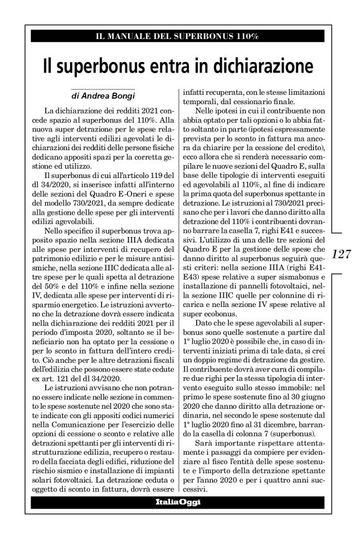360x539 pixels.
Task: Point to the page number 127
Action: [342, 254]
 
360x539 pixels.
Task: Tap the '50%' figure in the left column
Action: [55, 300]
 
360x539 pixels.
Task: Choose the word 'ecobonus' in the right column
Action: [218, 324]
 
